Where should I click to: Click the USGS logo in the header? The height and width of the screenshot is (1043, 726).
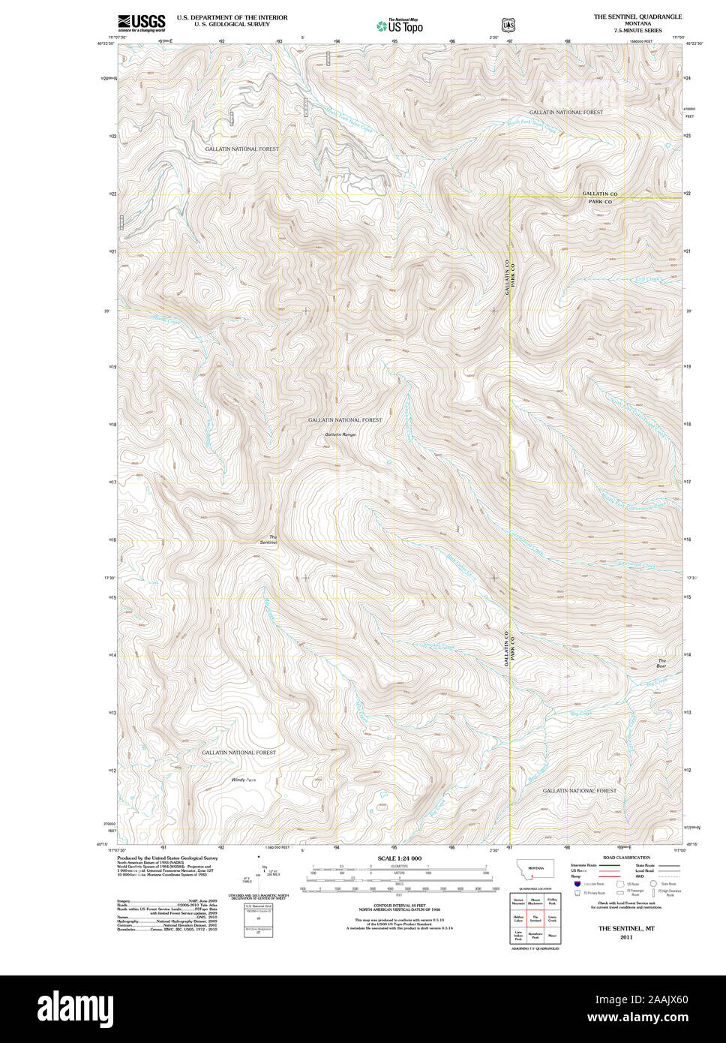tap(141, 23)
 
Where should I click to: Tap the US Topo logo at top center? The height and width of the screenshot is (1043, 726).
tap(400, 26)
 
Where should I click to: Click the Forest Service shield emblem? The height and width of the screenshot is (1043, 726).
tap(507, 25)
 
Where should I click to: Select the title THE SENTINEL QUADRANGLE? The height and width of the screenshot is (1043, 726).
tap(637, 16)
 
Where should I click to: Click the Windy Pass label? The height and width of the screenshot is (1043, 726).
tap(244, 780)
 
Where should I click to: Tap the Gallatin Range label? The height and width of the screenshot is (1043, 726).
tap(340, 434)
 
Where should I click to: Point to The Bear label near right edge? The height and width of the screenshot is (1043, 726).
tap(661, 663)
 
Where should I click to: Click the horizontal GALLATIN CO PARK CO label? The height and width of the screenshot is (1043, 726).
tap(600, 198)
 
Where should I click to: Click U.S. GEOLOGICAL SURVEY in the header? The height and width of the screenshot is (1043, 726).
tap(232, 24)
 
